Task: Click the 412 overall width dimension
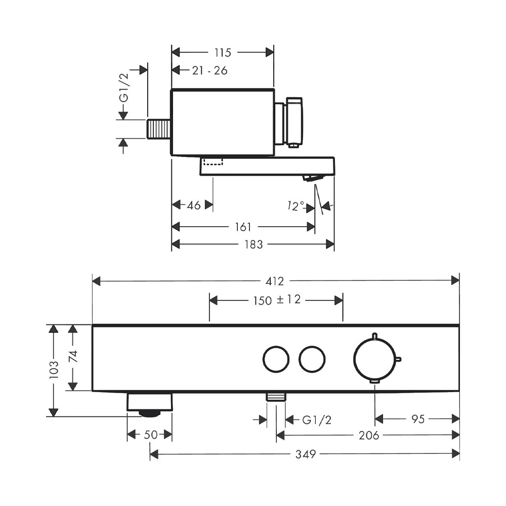tap(275, 281)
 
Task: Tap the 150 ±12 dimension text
tap(277, 300)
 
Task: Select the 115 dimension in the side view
tap(223, 53)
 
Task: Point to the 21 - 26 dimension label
tap(210, 70)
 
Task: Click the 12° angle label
tap(296, 205)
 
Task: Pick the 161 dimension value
tap(243, 227)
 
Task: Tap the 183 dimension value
tap(254, 244)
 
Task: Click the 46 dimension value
tap(194, 205)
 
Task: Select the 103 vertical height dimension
tap(54, 370)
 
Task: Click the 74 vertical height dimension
tap(73, 356)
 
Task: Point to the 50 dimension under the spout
tap(151, 435)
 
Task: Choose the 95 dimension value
tap(418, 419)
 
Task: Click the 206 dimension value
tap(369, 436)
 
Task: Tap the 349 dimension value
tap(306, 454)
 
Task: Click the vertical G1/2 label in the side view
tap(124, 88)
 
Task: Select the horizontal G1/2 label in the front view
tap(317, 420)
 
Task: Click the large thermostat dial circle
tap(374, 359)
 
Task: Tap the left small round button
tap(276, 359)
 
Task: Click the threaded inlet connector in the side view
tap(159, 129)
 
